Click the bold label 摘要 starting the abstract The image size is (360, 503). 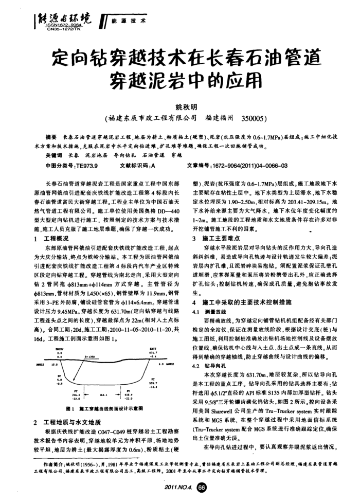click(51, 138)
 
